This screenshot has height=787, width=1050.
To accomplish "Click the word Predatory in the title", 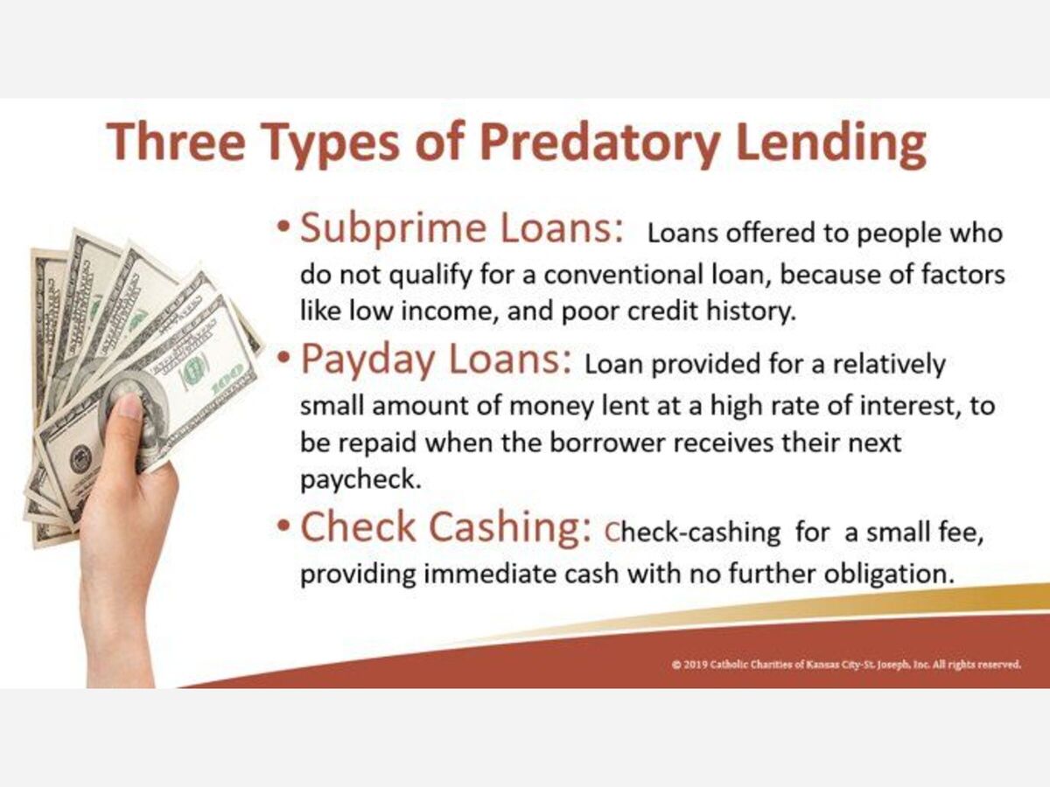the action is (x=600, y=143).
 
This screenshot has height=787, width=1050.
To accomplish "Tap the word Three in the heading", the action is (x=176, y=141).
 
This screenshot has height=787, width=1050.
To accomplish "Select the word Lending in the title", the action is (x=831, y=143).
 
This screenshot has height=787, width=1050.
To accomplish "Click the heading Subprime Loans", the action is (x=462, y=228).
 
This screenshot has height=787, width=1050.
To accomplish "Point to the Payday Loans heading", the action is (x=436, y=359).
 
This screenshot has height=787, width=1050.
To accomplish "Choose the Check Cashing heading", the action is (x=445, y=527).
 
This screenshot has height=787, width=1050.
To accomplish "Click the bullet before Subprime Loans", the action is (x=283, y=225).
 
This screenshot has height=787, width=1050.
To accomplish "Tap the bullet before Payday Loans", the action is (x=283, y=357).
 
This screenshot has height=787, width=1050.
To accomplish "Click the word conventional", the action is (x=622, y=275).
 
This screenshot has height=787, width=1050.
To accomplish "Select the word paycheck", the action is (x=360, y=479).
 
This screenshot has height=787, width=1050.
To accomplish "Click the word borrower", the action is (x=607, y=442).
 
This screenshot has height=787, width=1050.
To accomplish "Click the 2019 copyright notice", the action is (x=846, y=665).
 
